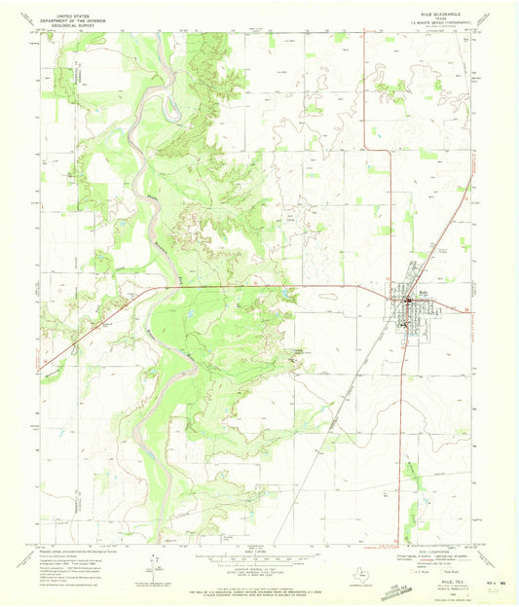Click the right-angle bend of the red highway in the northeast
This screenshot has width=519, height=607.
[x=364, y=148]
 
